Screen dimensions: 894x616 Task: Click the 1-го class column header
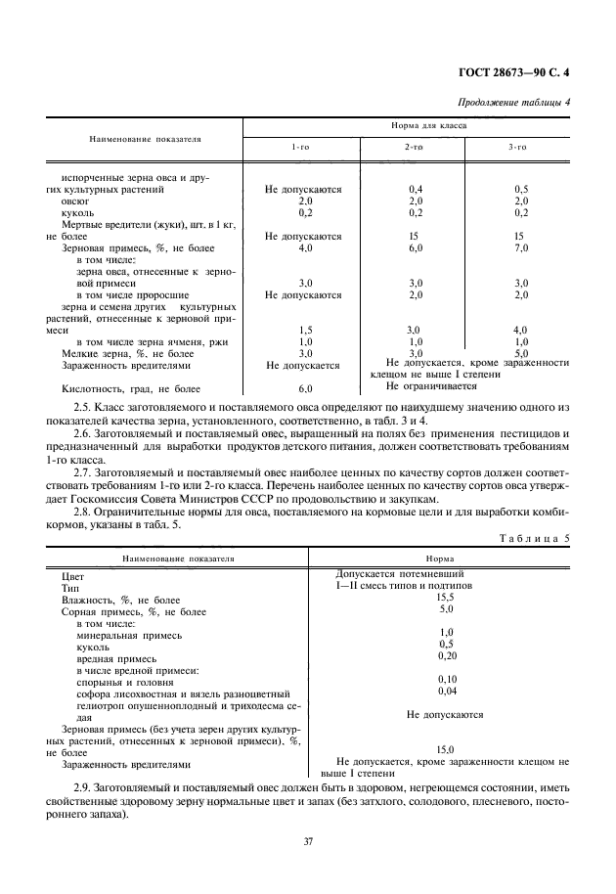pyautogui.click(x=302, y=147)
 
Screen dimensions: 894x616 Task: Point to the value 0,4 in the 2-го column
pyautogui.click(x=415, y=188)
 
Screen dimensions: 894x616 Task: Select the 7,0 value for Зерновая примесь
pyautogui.click(x=520, y=247)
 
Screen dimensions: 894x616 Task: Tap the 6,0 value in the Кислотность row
pyautogui.click(x=304, y=388)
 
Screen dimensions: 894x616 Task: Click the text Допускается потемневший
pyautogui.click(x=399, y=573)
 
